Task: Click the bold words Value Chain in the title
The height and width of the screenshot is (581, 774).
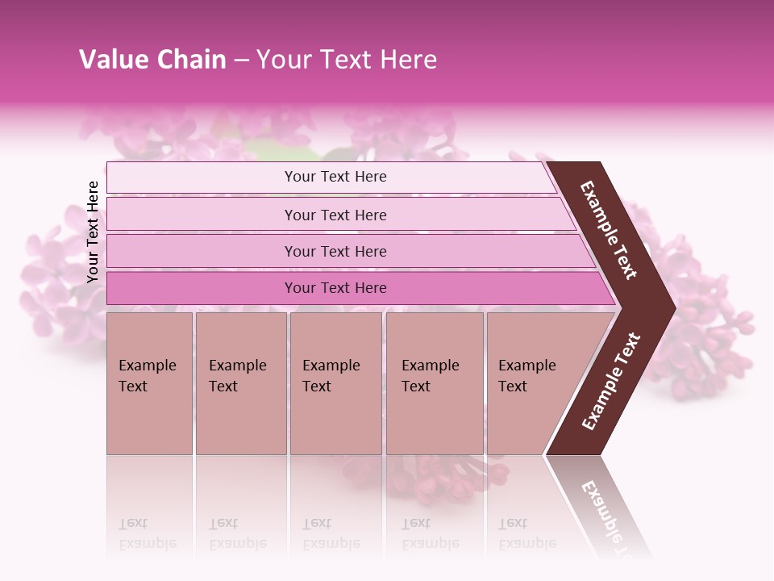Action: coord(152,60)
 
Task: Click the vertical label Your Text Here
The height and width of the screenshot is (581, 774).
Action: coord(93,232)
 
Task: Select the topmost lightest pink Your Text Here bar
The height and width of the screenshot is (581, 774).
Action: coord(335,177)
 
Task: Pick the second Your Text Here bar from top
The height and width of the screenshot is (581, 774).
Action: coord(335,215)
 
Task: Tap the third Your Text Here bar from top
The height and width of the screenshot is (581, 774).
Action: coord(335,251)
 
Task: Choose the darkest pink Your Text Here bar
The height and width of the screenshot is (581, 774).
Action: coord(335,288)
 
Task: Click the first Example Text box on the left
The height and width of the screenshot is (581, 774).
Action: coord(149,383)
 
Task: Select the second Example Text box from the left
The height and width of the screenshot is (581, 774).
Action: coord(240,383)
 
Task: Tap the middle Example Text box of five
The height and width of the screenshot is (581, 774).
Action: coord(335,383)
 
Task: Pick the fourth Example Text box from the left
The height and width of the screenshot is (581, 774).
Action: coord(434,383)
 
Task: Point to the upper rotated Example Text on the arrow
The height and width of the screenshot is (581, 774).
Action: coord(609,230)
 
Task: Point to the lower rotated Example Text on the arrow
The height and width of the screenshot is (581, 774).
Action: coord(610,382)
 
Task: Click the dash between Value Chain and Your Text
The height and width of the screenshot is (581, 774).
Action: coord(241,60)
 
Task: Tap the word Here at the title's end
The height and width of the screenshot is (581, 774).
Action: coord(408,60)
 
